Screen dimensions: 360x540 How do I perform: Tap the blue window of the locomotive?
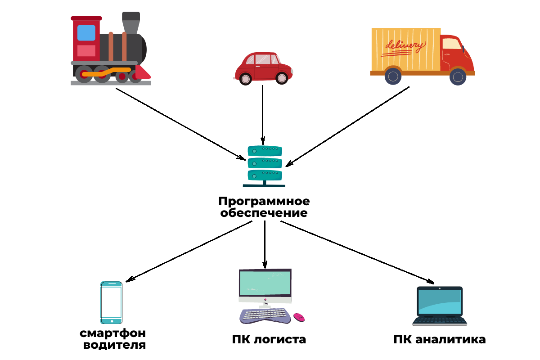(86, 33)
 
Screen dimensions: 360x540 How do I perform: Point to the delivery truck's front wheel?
(458, 76)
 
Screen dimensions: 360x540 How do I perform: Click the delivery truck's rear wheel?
(393, 76)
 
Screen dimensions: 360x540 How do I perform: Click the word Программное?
(264, 201)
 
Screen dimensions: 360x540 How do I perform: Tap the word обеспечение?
(264, 213)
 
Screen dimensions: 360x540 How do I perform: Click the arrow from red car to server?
(263, 112)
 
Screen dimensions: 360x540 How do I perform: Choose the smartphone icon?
(111, 302)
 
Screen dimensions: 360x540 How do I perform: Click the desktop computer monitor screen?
(265, 283)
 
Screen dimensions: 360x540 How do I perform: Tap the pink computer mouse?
(299, 317)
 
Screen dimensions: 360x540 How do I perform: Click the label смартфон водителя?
(113, 339)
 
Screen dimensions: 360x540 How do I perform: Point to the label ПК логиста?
(269, 339)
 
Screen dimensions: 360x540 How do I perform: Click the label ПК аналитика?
(439, 339)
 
